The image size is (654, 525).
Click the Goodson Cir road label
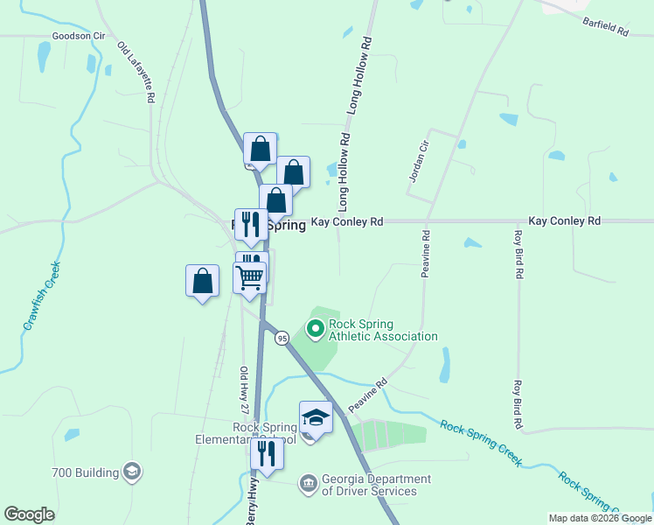(x=79, y=36)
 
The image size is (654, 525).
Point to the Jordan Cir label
(x=418, y=162)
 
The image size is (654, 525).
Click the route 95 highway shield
(x=282, y=338)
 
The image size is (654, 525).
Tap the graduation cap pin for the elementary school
(x=316, y=417)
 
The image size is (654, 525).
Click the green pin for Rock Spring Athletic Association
(x=315, y=329)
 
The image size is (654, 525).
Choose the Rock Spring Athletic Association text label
(x=383, y=330)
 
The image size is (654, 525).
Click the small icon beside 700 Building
(x=131, y=472)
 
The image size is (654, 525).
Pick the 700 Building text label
(x=85, y=473)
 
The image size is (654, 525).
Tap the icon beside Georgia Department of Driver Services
(x=308, y=483)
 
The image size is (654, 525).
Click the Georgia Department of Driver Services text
(x=376, y=485)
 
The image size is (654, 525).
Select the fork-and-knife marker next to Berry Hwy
(x=267, y=453)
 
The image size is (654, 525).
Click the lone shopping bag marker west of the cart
(x=203, y=282)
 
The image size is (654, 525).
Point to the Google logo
(x=29, y=514)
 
